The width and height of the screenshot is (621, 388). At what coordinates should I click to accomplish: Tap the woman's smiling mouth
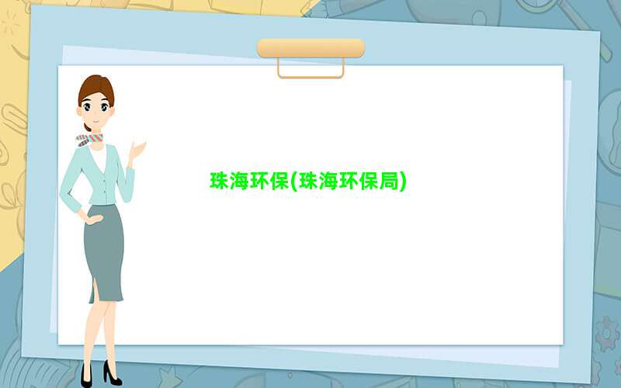(x=96, y=122)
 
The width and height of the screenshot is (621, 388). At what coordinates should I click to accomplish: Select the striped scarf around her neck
(x=89, y=140)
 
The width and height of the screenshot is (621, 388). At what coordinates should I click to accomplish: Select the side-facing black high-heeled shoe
(x=112, y=373)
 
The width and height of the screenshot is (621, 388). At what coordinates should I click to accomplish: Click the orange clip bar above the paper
(x=311, y=48)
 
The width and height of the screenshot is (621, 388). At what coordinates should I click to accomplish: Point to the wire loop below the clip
(x=311, y=75)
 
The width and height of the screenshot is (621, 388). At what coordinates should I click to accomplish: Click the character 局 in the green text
(x=389, y=181)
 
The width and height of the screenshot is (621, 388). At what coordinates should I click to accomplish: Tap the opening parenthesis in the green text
(x=294, y=182)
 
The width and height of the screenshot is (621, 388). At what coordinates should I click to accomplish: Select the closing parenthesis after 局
(x=403, y=182)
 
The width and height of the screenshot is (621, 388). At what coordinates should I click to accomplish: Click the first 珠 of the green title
(x=220, y=181)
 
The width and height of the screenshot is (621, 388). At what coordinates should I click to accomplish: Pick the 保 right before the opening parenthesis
(x=279, y=181)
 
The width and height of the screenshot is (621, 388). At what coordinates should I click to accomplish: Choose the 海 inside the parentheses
(x=328, y=181)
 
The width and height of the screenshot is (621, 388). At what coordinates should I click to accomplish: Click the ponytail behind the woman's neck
(x=87, y=127)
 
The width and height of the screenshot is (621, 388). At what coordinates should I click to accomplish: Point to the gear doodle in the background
(x=607, y=334)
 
